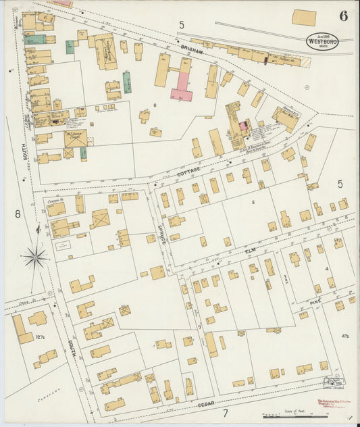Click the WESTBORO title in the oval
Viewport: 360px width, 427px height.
pyautogui.click(x=322, y=41)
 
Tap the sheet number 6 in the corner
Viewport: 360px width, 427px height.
pyautogui.click(x=344, y=17)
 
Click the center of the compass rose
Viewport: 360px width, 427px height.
pyautogui.click(x=35, y=257)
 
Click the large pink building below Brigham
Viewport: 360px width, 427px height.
pyautogui.click(x=182, y=86)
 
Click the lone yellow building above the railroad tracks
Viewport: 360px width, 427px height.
pyautogui.click(x=304, y=18)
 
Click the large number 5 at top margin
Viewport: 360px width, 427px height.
pyautogui.click(x=181, y=25)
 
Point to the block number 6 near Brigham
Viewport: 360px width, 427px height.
pyautogui.click(x=154, y=105)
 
